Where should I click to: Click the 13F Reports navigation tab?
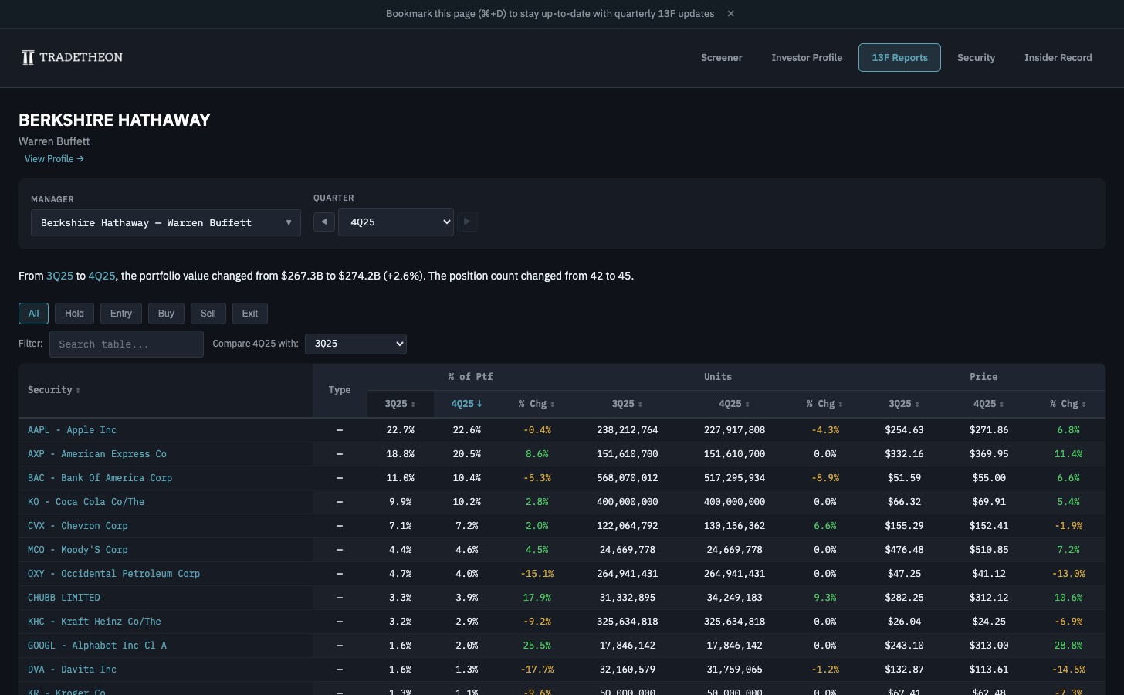[899, 58]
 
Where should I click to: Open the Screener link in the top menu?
[721, 58]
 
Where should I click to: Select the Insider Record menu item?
[1058, 58]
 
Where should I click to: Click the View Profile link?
[54, 159]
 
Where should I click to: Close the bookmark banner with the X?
[730, 14]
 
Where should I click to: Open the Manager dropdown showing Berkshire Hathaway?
[165, 223]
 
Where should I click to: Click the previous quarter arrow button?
[324, 222]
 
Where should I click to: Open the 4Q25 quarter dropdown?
[395, 222]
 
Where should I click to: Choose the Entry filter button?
[121, 314]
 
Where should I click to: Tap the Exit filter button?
[249, 314]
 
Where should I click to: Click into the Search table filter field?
[127, 344]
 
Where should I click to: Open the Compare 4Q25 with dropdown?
[356, 344]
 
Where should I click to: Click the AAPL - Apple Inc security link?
[72, 430]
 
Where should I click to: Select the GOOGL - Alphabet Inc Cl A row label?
[97, 646]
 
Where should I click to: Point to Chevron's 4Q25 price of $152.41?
[987, 526]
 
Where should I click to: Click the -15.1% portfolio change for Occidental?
[537, 574]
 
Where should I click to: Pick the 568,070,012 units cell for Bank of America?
[627, 478]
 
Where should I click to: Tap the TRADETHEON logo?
[73, 58]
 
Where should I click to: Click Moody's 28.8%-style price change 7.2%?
[1068, 550]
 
